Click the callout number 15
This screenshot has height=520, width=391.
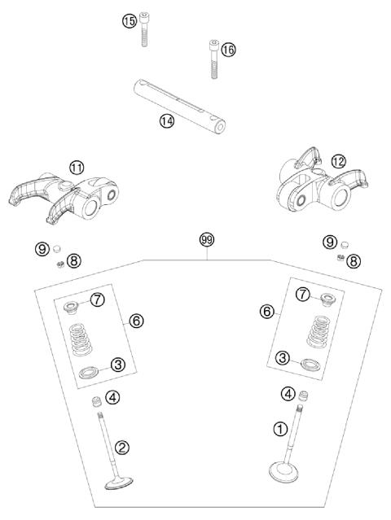tap(129, 21)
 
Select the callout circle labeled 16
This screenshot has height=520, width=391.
tap(228, 50)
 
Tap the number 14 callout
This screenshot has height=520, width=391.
tap(166, 120)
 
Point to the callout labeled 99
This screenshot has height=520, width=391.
tap(207, 240)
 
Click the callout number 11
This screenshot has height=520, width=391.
tap(76, 168)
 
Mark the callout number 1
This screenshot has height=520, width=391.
tap(279, 427)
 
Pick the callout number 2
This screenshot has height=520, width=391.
tap(121, 447)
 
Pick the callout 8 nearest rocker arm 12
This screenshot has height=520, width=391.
tap(354, 260)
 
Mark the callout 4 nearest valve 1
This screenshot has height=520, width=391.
tap(287, 394)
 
